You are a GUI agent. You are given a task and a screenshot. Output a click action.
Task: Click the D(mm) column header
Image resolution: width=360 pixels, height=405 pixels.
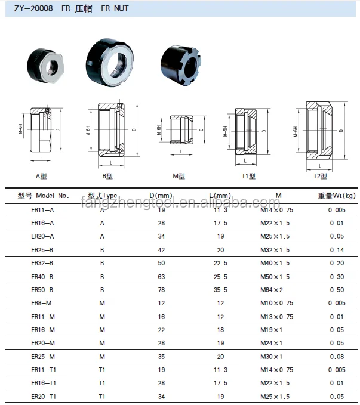pyautogui.click(x=161, y=196)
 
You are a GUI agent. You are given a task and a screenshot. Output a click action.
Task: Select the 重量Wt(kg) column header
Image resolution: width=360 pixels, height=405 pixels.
pyautogui.click(x=336, y=196)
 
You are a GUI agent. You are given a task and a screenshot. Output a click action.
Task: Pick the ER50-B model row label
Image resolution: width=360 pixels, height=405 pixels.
pyautogui.click(x=42, y=290)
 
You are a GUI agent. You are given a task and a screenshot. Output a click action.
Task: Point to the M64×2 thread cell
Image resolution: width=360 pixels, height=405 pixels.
pyautogui.click(x=273, y=290)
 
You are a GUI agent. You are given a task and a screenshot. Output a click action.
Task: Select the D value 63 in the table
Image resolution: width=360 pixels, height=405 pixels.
pyautogui.click(x=161, y=277)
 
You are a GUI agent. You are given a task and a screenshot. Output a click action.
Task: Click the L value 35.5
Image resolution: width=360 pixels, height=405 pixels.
pyautogui.click(x=220, y=290)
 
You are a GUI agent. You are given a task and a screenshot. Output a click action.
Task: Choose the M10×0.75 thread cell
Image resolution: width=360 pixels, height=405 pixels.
pyautogui.click(x=276, y=303)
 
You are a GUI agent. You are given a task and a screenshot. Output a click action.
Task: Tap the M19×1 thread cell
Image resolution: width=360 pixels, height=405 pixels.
pyautogui.click(x=273, y=330)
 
